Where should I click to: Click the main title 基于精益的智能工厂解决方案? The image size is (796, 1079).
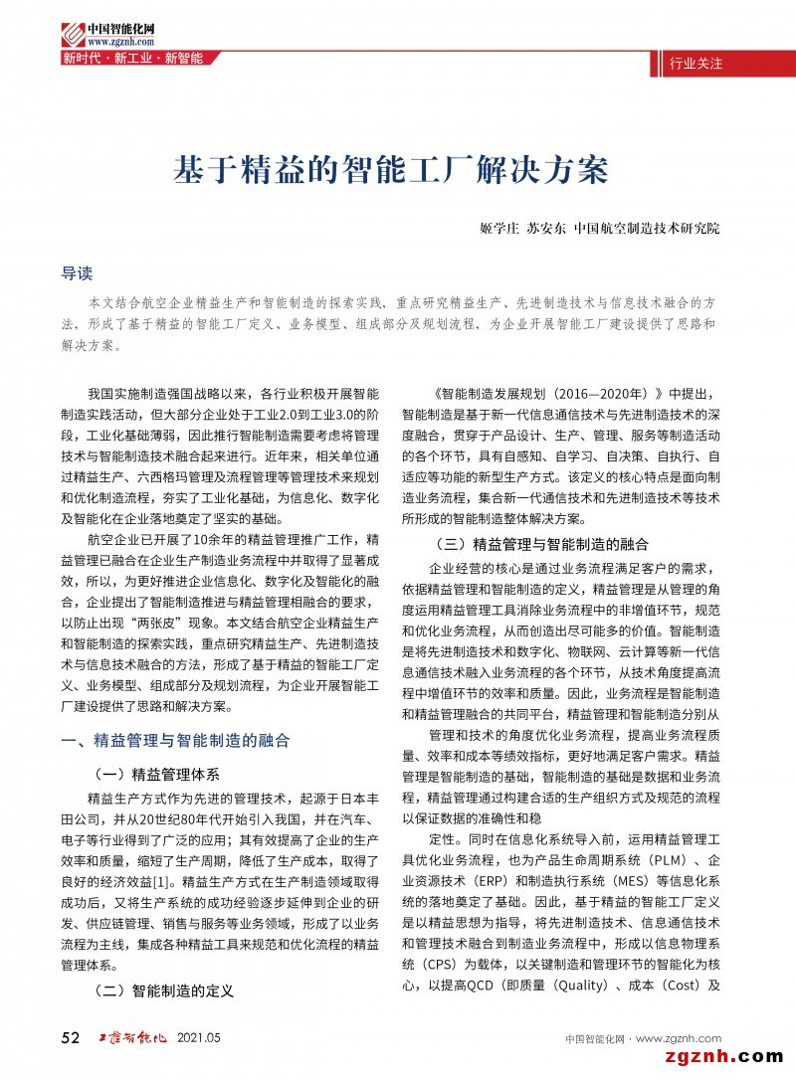click(391, 169)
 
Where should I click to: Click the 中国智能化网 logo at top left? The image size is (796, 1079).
click(99, 27)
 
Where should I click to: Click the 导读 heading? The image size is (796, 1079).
click(78, 270)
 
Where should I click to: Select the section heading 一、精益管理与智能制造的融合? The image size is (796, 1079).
click(175, 740)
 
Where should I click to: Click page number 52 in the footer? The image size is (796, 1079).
click(71, 1038)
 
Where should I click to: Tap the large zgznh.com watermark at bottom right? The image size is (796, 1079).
click(710, 1055)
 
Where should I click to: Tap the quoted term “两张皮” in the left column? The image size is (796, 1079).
click(150, 621)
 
